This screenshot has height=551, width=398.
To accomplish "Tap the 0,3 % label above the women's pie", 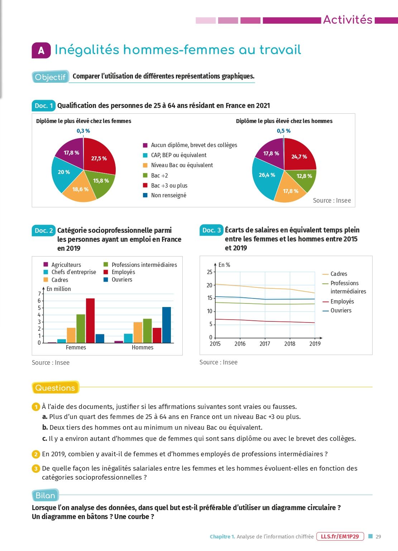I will pos(83,131).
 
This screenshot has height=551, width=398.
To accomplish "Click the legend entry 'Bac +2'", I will pos(159,175).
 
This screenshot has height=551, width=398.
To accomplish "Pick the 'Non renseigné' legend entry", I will pos(168,196).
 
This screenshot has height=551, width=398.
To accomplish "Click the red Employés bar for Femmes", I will pos(90,320).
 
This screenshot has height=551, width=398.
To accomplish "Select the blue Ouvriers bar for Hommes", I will pos(167,325).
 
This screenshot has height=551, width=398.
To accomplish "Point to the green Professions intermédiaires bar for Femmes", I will pos(81,329).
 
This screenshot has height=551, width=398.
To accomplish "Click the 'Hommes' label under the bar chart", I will pos(143,347).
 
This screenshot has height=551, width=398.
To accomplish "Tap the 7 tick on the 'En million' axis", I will pos(39,294).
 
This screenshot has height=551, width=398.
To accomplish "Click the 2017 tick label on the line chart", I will pos(265,344).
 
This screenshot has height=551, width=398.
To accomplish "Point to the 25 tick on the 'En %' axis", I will pos(210,272).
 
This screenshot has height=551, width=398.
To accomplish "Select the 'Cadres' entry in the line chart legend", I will pos(339,274).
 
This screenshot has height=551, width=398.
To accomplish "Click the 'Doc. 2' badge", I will pos(44,231).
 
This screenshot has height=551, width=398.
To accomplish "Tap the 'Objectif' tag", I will pos(50,77).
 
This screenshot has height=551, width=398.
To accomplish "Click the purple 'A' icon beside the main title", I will pos(41,51).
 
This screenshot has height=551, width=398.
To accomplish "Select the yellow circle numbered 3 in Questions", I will pos(36,468).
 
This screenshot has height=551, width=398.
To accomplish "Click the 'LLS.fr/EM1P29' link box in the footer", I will pos(340,537).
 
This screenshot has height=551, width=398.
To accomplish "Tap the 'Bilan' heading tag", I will pos(45,495).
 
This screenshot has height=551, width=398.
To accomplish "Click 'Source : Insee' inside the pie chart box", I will pos(332,201).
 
